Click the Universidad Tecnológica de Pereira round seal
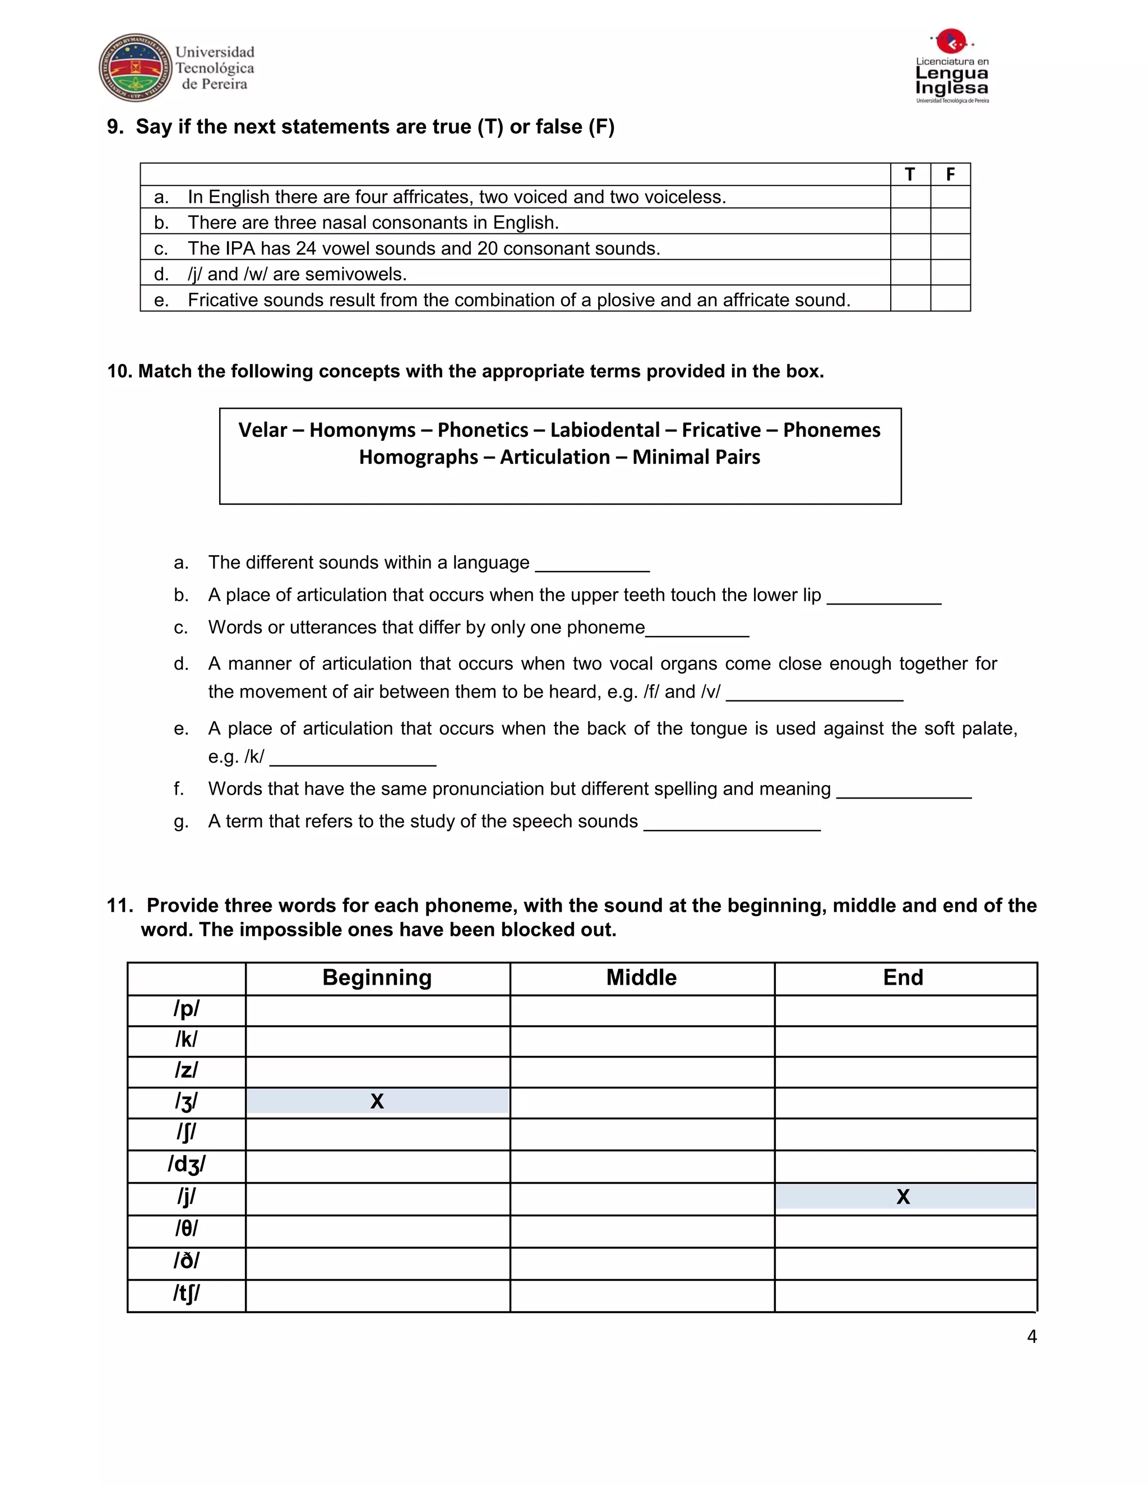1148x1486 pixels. click(135, 67)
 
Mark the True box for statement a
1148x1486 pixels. click(910, 197)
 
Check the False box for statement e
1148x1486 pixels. click(950, 299)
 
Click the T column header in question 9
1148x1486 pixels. click(910, 175)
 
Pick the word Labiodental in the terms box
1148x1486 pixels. click(605, 430)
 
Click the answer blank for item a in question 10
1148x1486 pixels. click(592, 564)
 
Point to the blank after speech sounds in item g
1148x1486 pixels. click(732, 823)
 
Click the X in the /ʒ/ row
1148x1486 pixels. click(377, 1101)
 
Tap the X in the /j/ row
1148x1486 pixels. click(902, 1197)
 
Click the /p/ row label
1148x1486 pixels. click(186, 1009)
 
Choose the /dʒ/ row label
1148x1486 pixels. click(186, 1165)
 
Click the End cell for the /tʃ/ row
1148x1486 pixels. click(905, 1295)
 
